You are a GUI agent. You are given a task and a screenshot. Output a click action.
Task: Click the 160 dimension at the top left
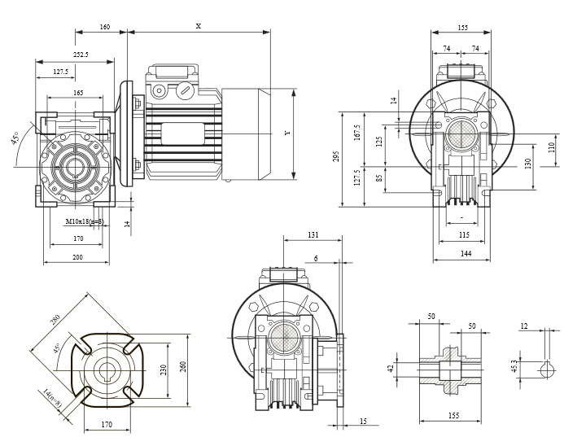point(105,27)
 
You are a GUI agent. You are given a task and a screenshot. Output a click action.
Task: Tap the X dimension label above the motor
point(199,26)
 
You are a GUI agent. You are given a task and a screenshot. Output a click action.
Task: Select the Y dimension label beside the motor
point(287,133)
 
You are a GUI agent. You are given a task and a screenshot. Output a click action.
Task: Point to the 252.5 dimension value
point(81,55)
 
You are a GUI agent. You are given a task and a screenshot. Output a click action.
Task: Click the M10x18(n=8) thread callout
point(85,221)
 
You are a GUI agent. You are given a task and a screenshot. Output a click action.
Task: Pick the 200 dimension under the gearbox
point(77,257)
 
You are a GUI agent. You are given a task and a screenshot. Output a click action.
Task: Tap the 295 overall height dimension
point(336,156)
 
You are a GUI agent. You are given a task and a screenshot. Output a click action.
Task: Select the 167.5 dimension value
point(356,133)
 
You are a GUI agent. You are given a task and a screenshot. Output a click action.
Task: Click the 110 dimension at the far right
point(552,147)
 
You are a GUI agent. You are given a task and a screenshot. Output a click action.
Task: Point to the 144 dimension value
point(466,254)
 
